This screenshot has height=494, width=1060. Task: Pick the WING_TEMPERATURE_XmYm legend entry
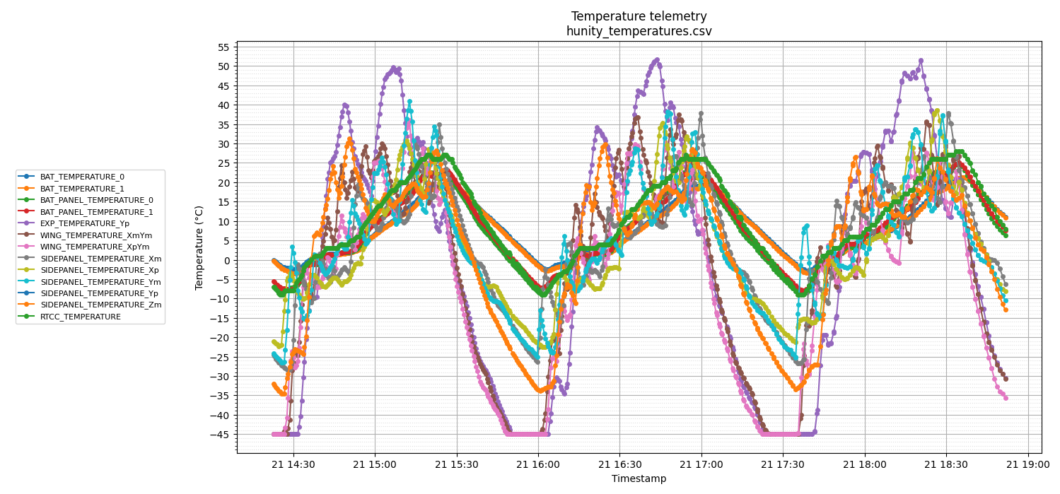point(95,235)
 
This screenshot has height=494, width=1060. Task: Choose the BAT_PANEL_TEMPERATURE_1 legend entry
point(96,211)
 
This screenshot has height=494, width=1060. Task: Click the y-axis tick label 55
point(223,47)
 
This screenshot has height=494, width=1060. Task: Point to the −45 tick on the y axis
point(220,435)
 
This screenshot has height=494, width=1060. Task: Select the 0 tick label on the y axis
point(226,260)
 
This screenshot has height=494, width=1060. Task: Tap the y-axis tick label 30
point(223,144)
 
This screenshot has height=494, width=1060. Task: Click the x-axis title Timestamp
point(639,478)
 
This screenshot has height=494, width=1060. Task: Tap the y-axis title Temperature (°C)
point(199,247)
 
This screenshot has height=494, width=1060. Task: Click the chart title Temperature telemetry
point(639,16)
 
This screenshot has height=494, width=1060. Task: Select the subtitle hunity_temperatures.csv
point(639,31)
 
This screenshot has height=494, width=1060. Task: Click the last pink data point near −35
point(1005,398)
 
